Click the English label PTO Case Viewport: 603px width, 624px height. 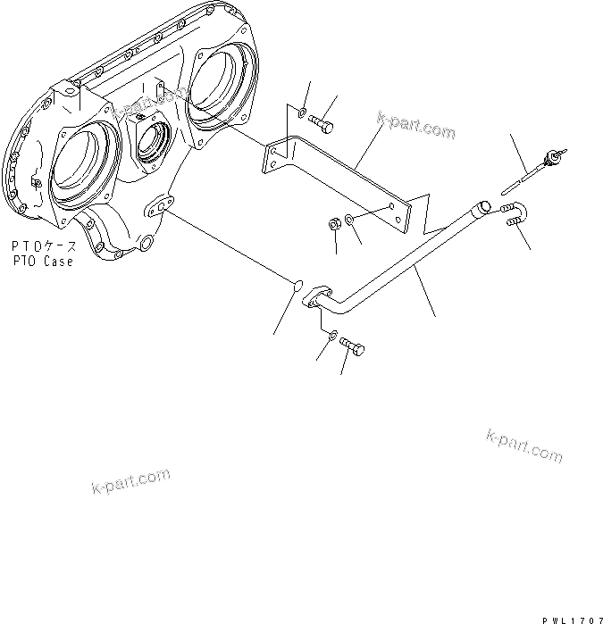[42, 262]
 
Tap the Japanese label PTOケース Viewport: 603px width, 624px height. [42, 246]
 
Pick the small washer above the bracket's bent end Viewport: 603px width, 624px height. [304, 112]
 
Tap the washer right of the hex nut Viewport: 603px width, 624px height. [349, 219]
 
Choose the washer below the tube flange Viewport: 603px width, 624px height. [331, 337]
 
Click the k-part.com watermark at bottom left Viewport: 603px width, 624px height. [130, 481]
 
